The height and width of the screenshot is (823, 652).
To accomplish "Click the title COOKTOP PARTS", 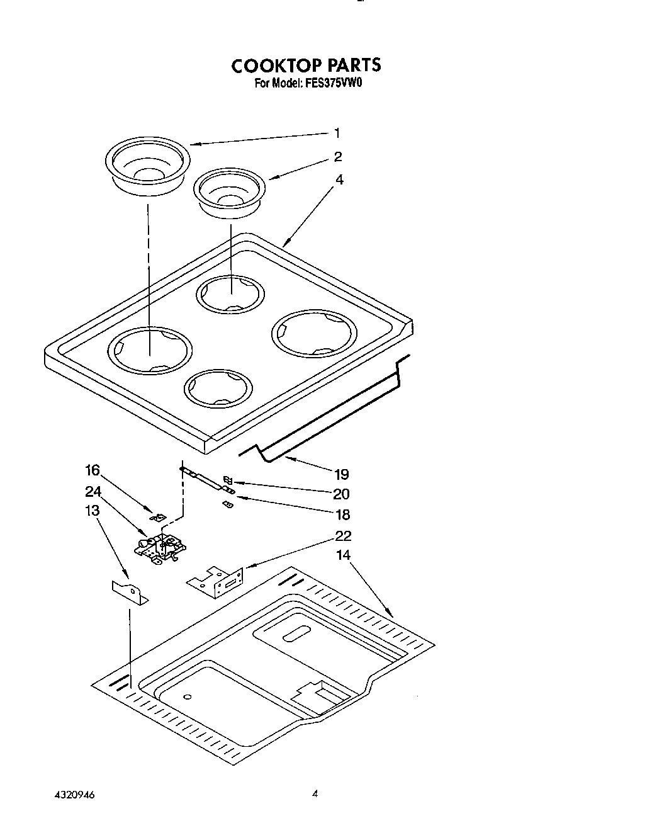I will pyautogui.click(x=306, y=65).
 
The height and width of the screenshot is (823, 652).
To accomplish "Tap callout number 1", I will pyautogui.click(x=337, y=133).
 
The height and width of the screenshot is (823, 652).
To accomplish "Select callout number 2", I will pyautogui.click(x=338, y=157).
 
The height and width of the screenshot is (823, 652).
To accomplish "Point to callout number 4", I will pyautogui.click(x=339, y=179).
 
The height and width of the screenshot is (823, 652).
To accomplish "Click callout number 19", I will pyautogui.click(x=341, y=474).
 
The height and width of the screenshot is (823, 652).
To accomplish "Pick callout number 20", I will pyautogui.click(x=341, y=494).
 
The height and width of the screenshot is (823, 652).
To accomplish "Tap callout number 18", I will pyautogui.click(x=342, y=514).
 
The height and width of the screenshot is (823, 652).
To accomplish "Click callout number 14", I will pyautogui.click(x=343, y=555).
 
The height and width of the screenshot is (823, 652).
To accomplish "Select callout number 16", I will pyautogui.click(x=93, y=470).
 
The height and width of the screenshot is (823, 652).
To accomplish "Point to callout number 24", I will pyautogui.click(x=93, y=491).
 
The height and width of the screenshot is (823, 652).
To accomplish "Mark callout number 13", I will pyautogui.click(x=93, y=511).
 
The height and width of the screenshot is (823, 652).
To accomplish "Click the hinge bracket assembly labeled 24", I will pyautogui.click(x=161, y=546).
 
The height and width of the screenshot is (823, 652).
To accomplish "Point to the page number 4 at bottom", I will pyautogui.click(x=315, y=795).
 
